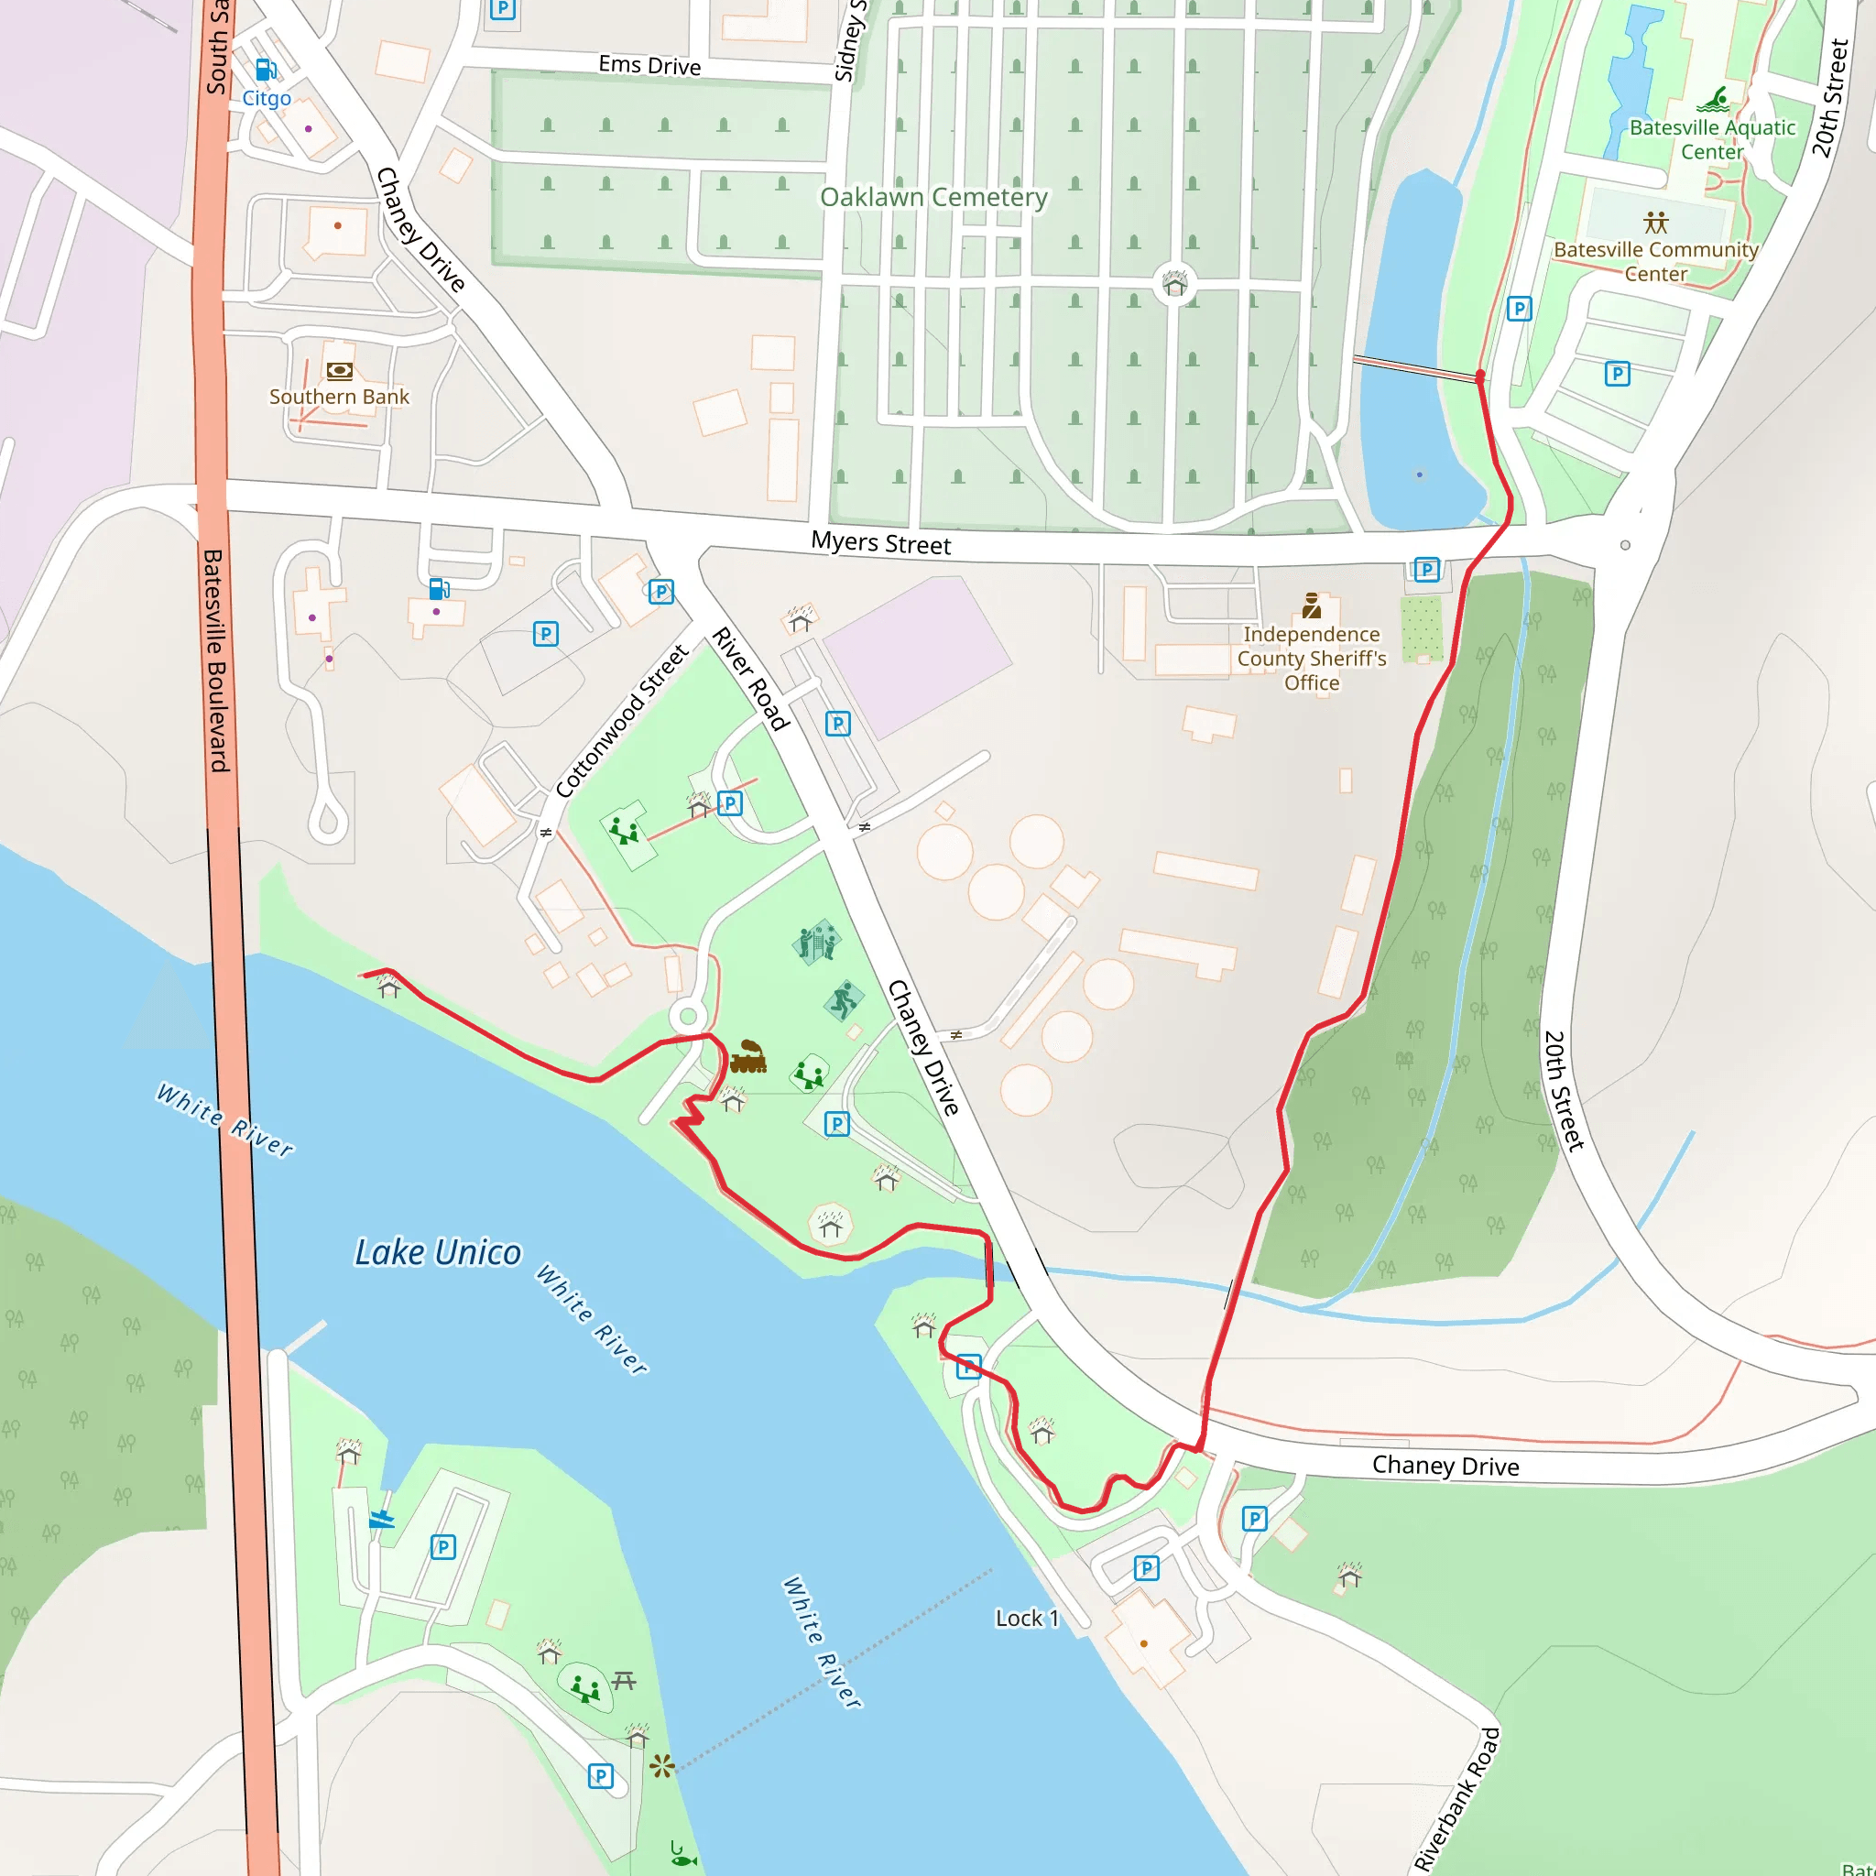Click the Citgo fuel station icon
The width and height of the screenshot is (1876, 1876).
265,70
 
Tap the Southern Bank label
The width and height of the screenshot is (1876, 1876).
339,396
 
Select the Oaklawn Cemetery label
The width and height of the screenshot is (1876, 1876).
933,197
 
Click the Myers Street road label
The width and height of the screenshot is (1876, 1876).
880,543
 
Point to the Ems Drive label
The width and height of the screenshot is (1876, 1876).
649,65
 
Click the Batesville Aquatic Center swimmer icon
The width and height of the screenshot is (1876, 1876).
1713,99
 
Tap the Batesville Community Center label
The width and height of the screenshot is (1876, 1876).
1655,261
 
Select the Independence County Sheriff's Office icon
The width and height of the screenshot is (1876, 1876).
1312,605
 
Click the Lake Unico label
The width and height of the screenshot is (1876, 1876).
438,1252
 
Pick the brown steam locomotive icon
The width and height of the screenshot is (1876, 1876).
747,1056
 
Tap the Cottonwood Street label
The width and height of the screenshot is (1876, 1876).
621,721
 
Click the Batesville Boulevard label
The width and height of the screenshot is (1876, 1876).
215,660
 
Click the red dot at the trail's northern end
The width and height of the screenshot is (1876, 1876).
1480,375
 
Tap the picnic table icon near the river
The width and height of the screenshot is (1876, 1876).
625,1680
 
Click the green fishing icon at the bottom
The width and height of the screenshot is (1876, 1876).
682,1856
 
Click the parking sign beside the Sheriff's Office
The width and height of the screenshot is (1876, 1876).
1426,569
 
